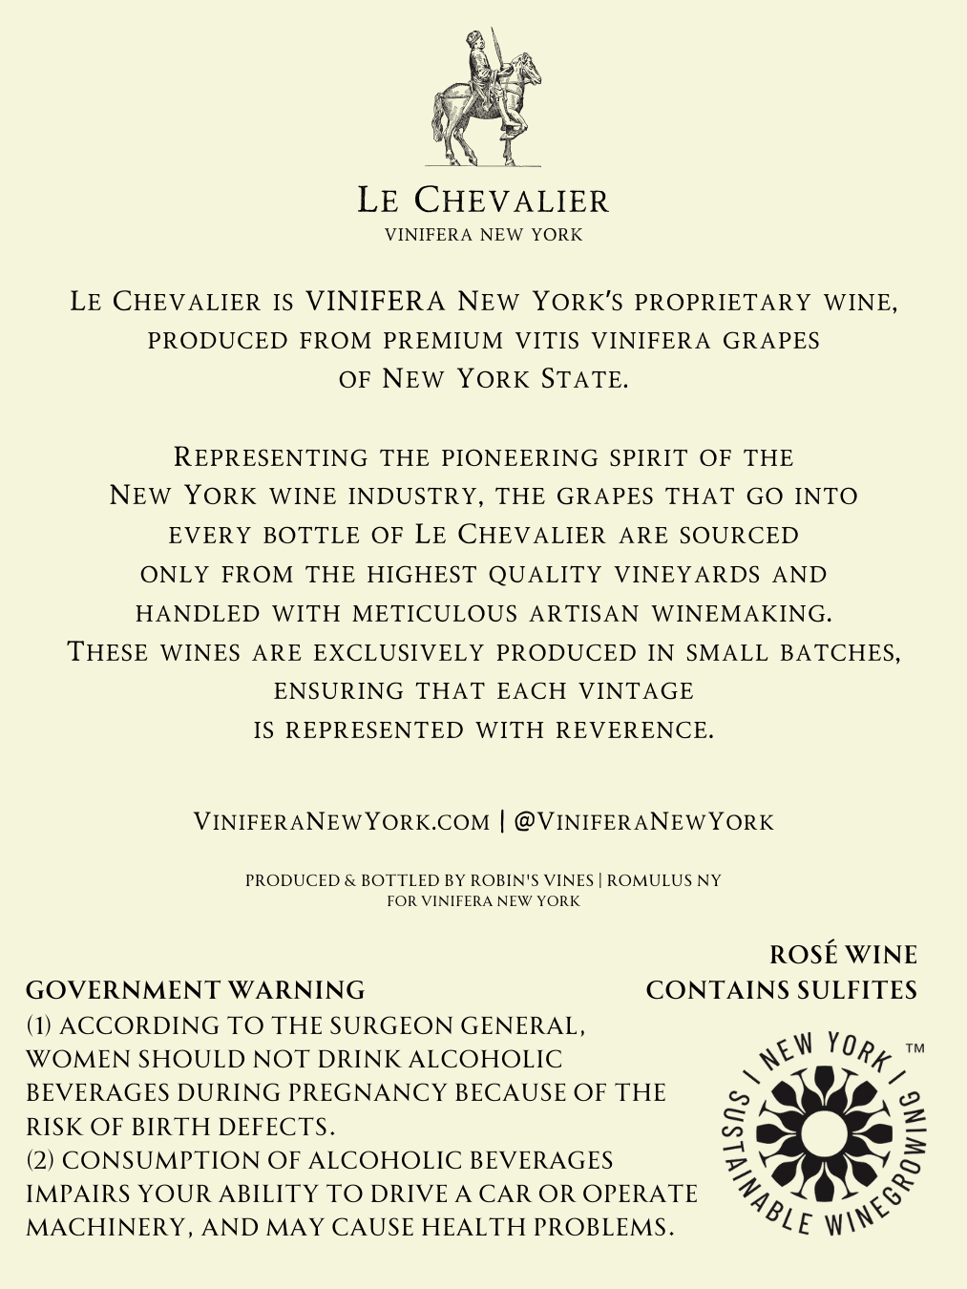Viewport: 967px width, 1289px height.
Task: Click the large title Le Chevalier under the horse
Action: point(483,201)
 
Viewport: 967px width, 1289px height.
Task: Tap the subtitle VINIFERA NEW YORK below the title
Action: point(483,235)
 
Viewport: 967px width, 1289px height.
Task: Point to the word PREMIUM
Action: point(443,341)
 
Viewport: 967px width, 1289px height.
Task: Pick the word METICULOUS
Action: point(436,613)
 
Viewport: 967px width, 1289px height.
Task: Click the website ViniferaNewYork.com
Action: point(341,822)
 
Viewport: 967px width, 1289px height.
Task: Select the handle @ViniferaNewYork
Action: point(643,822)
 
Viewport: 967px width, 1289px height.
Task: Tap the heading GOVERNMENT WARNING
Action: point(195,990)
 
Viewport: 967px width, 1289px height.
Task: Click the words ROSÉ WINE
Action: point(843,955)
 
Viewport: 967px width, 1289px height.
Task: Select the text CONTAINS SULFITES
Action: point(781,990)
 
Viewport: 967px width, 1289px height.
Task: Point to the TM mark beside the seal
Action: point(914,1048)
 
